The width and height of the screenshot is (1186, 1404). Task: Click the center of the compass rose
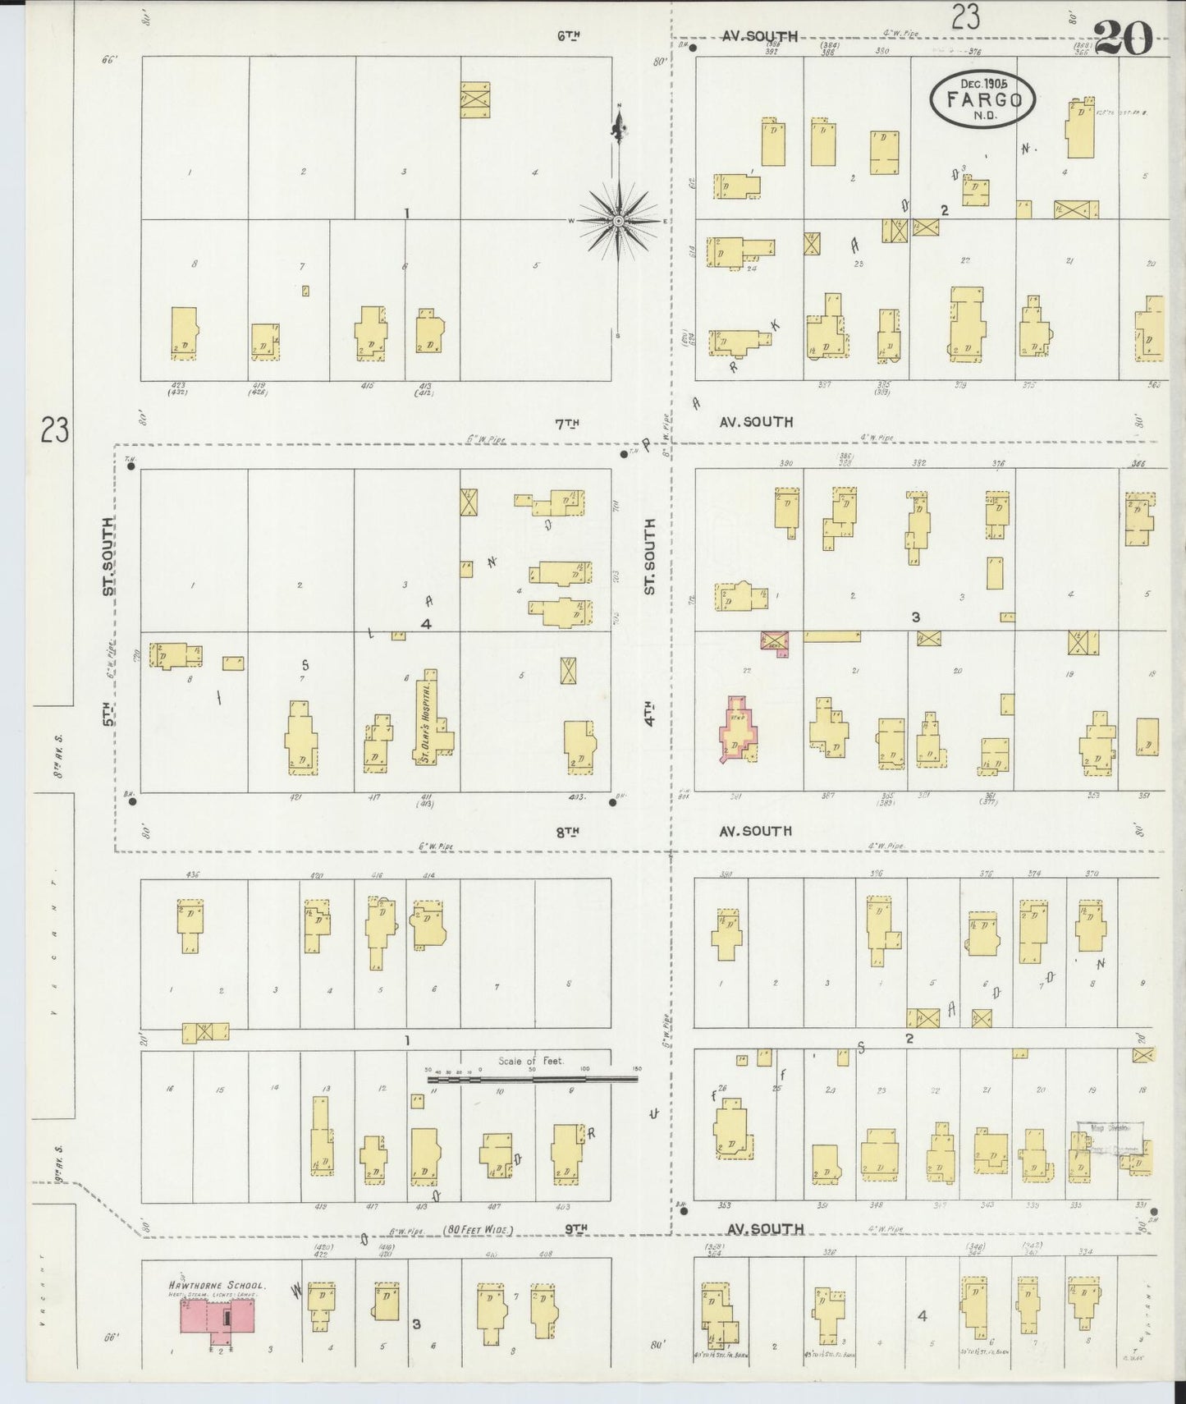click(x=618, y=221)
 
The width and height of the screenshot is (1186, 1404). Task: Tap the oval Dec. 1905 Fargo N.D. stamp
click(x=982, y=99)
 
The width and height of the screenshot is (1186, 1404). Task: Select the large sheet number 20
click(x=1124, y=37)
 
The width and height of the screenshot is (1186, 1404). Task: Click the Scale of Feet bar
click(x=532, y=1080)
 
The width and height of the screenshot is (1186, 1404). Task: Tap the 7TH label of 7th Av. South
click(x=567, y=423)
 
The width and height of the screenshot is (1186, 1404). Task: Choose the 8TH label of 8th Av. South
click(x=567, y=831)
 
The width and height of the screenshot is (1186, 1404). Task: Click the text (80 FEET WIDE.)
click(x=479, y=1230)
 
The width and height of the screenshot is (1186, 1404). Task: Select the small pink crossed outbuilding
click(x=775, y=640)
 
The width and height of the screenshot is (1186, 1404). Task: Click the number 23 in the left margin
click(x=54, y=429)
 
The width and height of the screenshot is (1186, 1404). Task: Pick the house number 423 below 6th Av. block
click(x=178, y=385)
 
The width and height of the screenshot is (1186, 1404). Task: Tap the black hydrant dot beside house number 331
click(x=1153, y=1211)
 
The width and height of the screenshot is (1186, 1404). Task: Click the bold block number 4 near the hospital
click(x=426, y=624)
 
